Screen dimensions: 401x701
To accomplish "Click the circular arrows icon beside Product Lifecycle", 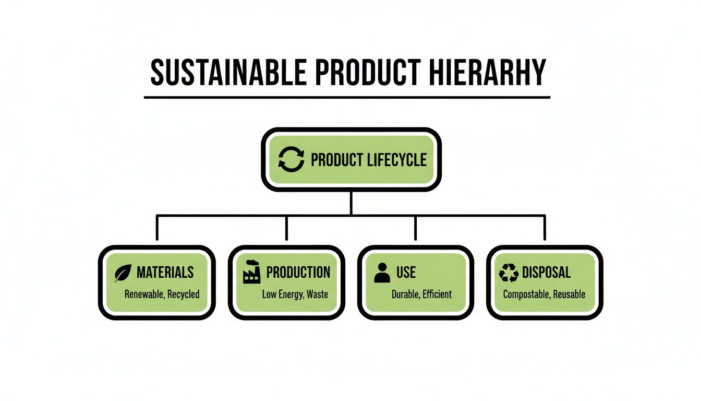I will [291, 159].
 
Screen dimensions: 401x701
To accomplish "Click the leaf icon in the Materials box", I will [123, 273].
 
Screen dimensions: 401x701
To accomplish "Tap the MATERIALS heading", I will [165, 272].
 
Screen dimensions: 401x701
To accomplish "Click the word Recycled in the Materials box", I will [184, 294].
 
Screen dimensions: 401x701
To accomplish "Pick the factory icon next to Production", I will [252, 273].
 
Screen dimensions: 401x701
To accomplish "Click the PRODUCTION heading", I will [298, 272].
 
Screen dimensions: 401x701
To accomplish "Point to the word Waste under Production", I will [317, 294].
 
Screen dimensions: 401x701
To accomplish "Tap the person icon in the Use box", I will [382, 273].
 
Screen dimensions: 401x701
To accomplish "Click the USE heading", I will [406, 272].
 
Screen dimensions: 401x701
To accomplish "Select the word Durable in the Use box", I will [405, 294].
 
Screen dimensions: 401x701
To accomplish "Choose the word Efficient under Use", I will [437, 294].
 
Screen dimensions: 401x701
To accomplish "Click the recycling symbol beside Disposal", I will [509, 273].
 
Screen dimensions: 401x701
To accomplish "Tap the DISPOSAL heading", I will [546, 272].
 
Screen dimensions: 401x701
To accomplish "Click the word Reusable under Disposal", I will [569, 294].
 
